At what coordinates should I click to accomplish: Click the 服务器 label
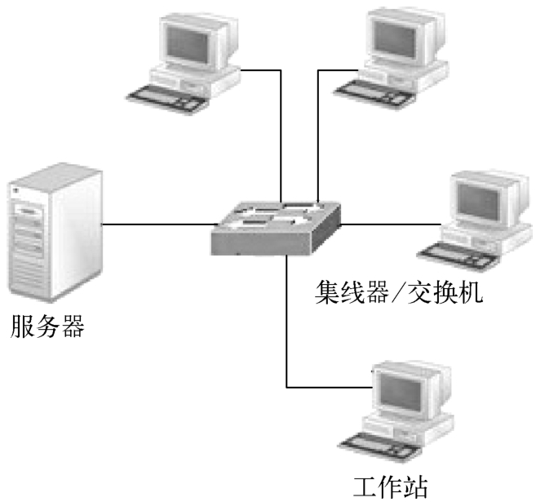pyautogui.click(x=47, y=331)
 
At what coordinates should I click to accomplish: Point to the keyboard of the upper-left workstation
pyautogui.click(x=173, y=91)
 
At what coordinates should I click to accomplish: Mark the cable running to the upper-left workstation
pyautogui.click(x=280, y=131)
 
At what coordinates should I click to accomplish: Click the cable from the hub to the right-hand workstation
pyautogui.click(x=383, y=222)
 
